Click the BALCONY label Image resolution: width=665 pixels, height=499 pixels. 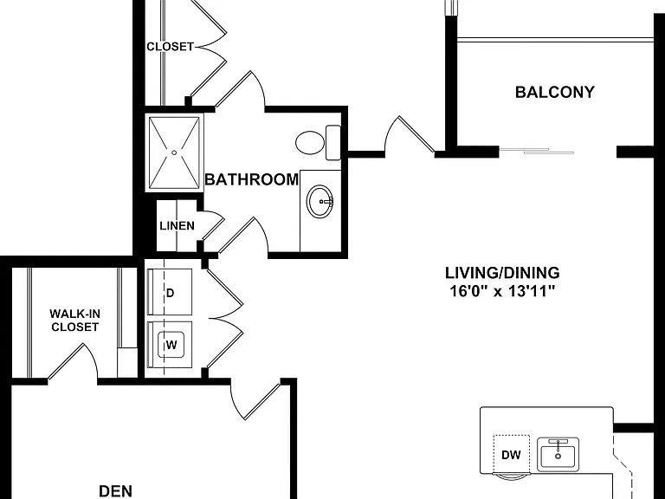point(555,92)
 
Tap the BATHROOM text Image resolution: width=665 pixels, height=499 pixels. point(251,179)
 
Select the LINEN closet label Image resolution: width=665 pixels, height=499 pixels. point(177,226)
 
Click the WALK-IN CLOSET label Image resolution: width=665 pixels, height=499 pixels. point(74,321)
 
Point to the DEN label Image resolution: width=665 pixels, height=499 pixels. point(115,491)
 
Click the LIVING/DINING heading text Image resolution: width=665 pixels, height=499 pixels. point(502,272)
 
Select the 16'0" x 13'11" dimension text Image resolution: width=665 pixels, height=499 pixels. point(502,291)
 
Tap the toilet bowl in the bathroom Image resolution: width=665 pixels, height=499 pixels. point(310,143)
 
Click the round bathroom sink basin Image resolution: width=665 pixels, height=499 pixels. point(320,201)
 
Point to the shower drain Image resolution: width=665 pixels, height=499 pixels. point(174,152)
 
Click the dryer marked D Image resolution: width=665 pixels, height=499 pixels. point(170,292)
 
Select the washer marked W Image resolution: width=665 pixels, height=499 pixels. point(170,345)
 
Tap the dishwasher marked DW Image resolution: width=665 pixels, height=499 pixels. point(511,455)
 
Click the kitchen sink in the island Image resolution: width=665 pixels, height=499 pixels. point(558,455)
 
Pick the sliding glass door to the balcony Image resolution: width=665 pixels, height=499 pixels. point(537,151)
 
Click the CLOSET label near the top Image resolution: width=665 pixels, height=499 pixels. point(170,46)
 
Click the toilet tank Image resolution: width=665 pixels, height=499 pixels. point(333,143)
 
